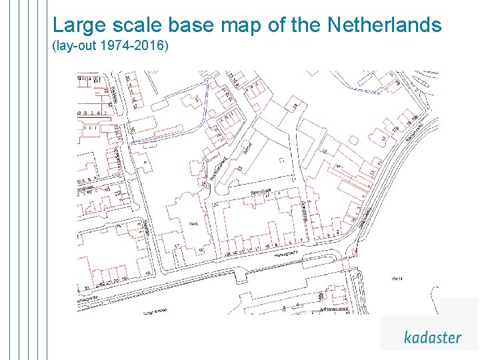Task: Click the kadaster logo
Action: pos(432,337)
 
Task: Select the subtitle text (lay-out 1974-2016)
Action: pos(111,47)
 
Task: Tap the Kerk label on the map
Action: pos(194,224)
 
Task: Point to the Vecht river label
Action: pos(397,278)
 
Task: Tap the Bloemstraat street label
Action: pos(261,191)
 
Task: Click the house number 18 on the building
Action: pos(294,106)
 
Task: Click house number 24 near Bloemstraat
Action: pos(203,183)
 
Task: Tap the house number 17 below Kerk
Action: pos(177,246)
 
